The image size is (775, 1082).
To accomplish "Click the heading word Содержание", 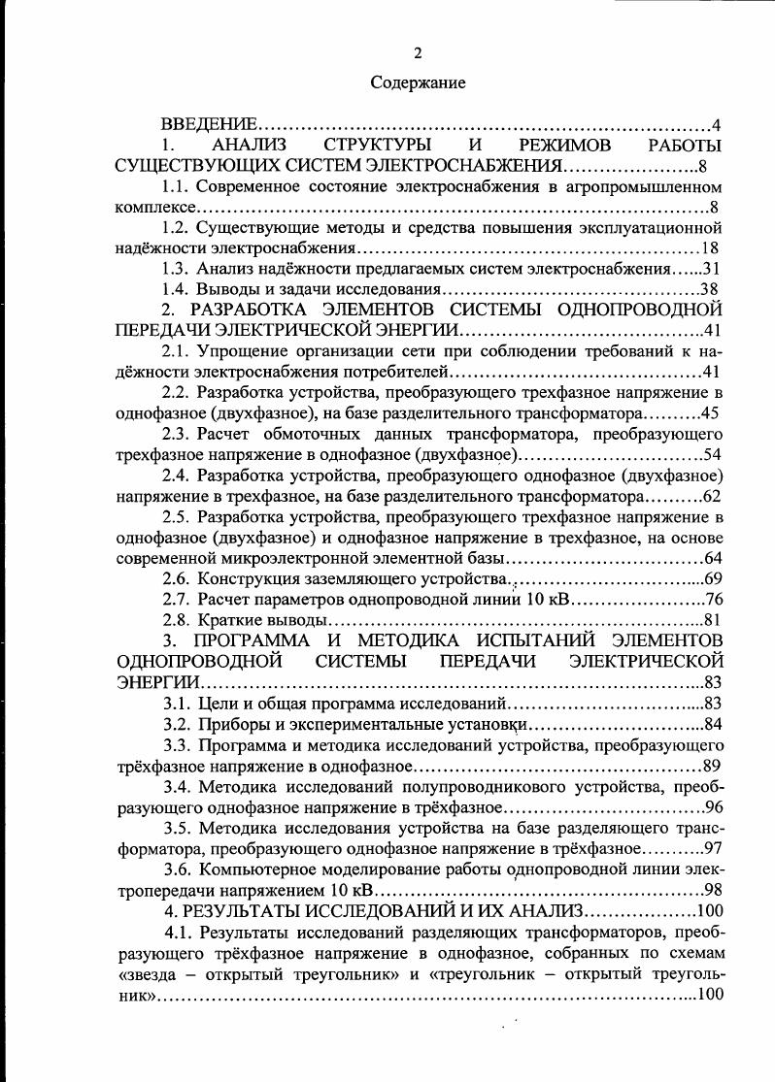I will (x=418, y=83).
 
